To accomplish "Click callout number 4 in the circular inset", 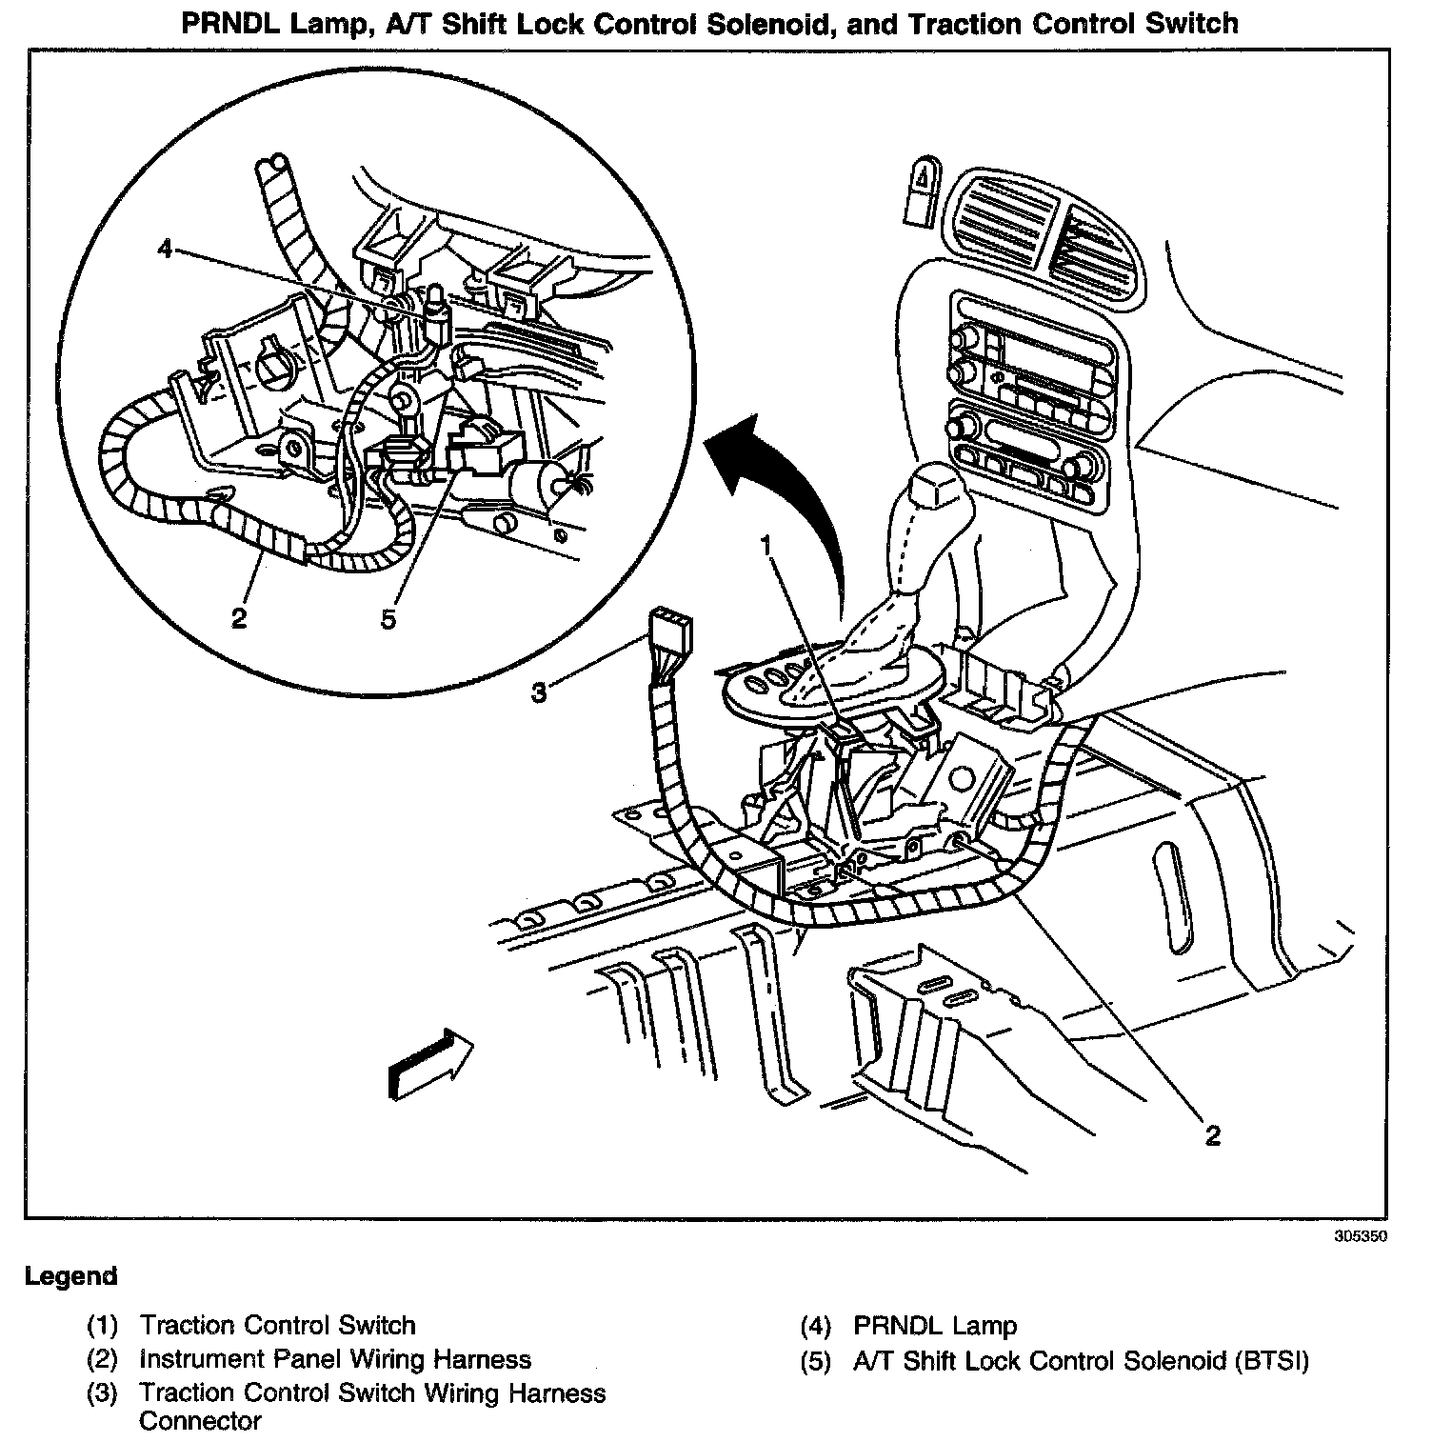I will [x=166, y=250].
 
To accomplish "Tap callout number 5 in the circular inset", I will [x=388, y=618].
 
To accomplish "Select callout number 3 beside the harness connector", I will [x=539, y=692].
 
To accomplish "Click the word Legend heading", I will [x=71, y=1276].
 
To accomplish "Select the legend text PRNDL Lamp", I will [x=935, y=1325].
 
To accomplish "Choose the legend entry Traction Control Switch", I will [x=277, y=1325].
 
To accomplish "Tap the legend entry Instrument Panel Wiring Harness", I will [x=335, y=1359].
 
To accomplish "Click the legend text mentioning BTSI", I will [x=1081, y=1360].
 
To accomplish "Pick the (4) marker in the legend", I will [x=817, y=1325].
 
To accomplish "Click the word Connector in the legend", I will [x=200, y=1421].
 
